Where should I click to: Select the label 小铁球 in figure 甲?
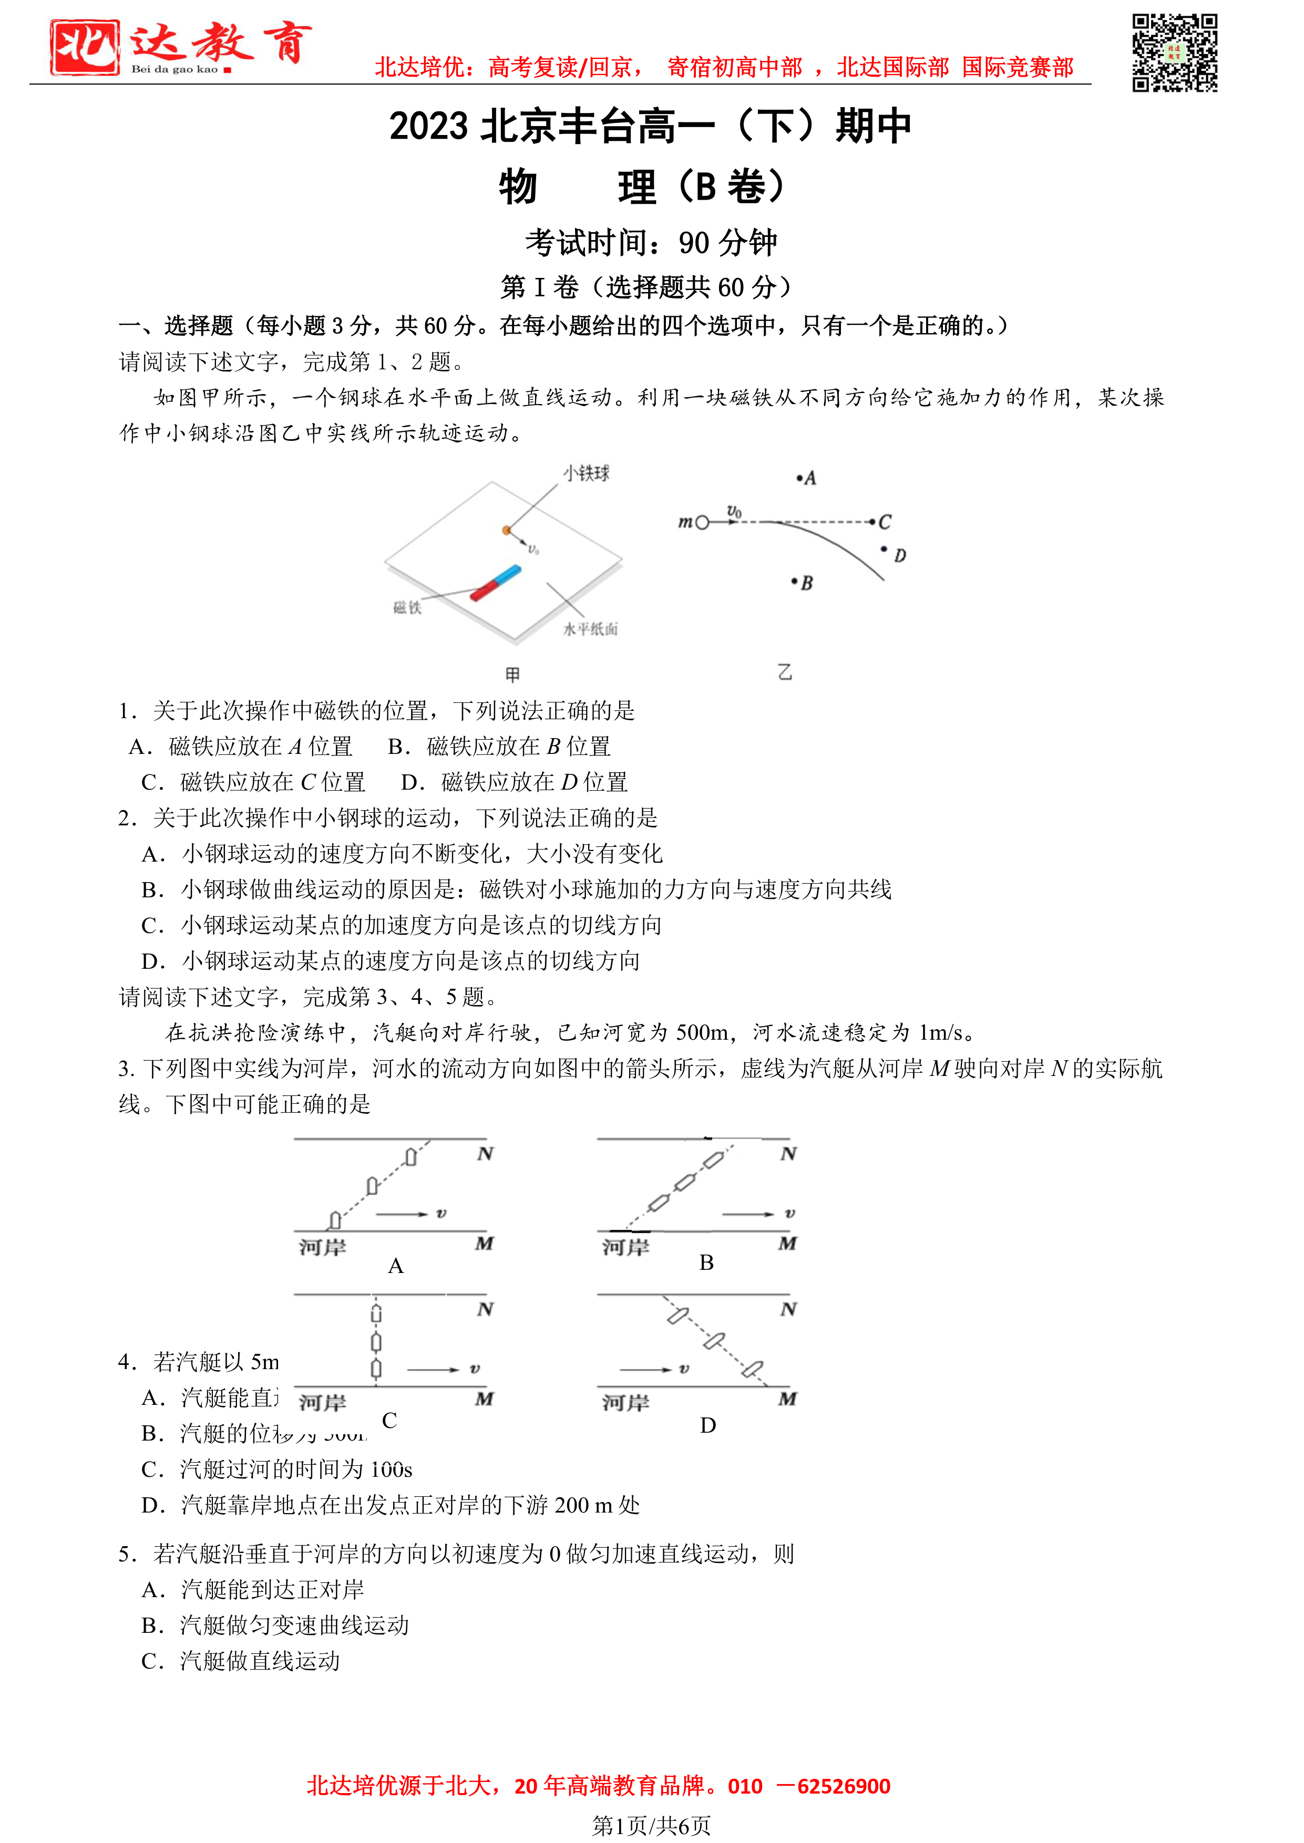586,473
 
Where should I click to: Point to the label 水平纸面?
590,629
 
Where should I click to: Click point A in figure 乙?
800,479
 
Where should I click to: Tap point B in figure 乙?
795,581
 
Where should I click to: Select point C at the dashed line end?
873,522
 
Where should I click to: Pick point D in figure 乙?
884,550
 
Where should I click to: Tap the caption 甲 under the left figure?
512,674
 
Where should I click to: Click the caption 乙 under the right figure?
785,672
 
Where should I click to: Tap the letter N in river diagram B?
788,1154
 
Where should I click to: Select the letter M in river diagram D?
788,1399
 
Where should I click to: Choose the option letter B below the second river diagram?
706,1262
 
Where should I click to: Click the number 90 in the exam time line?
694,242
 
